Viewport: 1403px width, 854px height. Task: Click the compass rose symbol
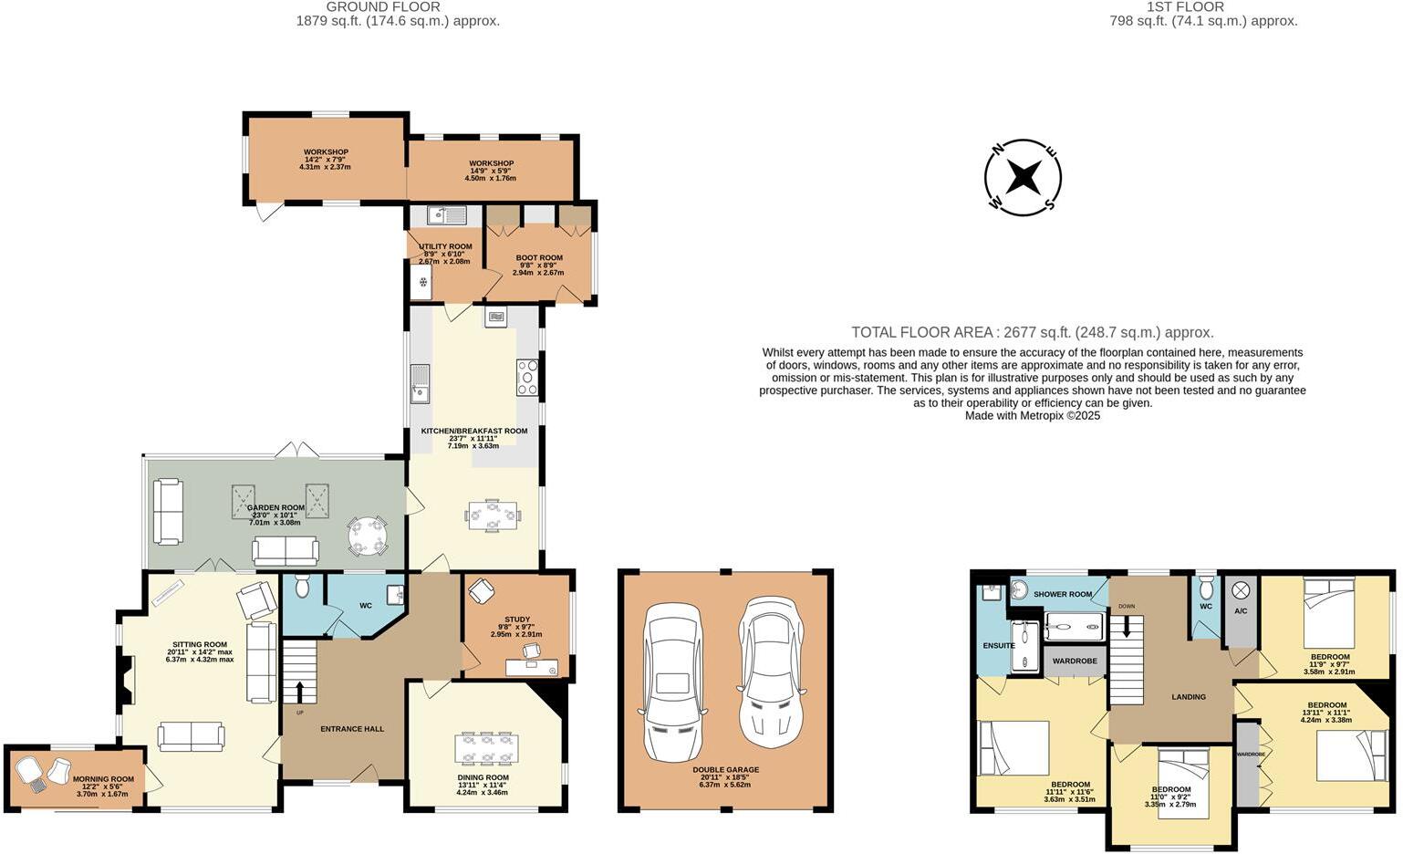1023,178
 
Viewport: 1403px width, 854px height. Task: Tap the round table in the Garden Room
368,536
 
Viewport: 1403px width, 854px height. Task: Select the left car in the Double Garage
672,682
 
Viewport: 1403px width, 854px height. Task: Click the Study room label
517,619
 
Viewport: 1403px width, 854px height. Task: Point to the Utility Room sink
447,215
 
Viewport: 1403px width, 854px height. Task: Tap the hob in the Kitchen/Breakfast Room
527,377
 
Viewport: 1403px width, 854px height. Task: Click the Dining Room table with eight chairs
486,748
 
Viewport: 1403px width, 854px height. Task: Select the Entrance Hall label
352,729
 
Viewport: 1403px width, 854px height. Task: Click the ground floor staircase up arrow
299,692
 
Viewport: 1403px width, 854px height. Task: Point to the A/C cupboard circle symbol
1241,589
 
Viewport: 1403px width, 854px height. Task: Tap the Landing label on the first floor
1188,697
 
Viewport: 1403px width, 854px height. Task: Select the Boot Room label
539,257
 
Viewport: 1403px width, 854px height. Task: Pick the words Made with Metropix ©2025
1033,415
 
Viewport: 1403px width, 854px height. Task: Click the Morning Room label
103,779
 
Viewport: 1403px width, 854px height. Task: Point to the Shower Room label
1062,594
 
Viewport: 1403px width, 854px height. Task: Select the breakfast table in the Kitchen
493,515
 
